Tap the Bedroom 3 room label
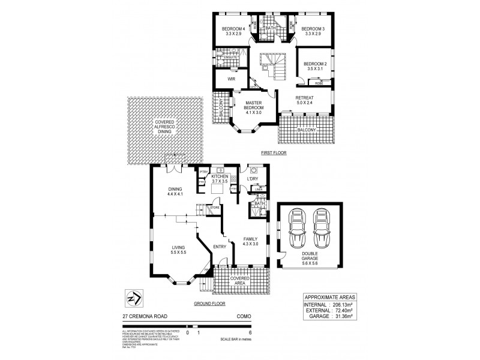click(x=313, y=29)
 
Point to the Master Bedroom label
click(x=254, y=105)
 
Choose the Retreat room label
click(x=305, y=98)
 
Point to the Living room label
click(x=178, y=247)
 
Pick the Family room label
click(x=250, y=238)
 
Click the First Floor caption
click(x=273, y=153)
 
